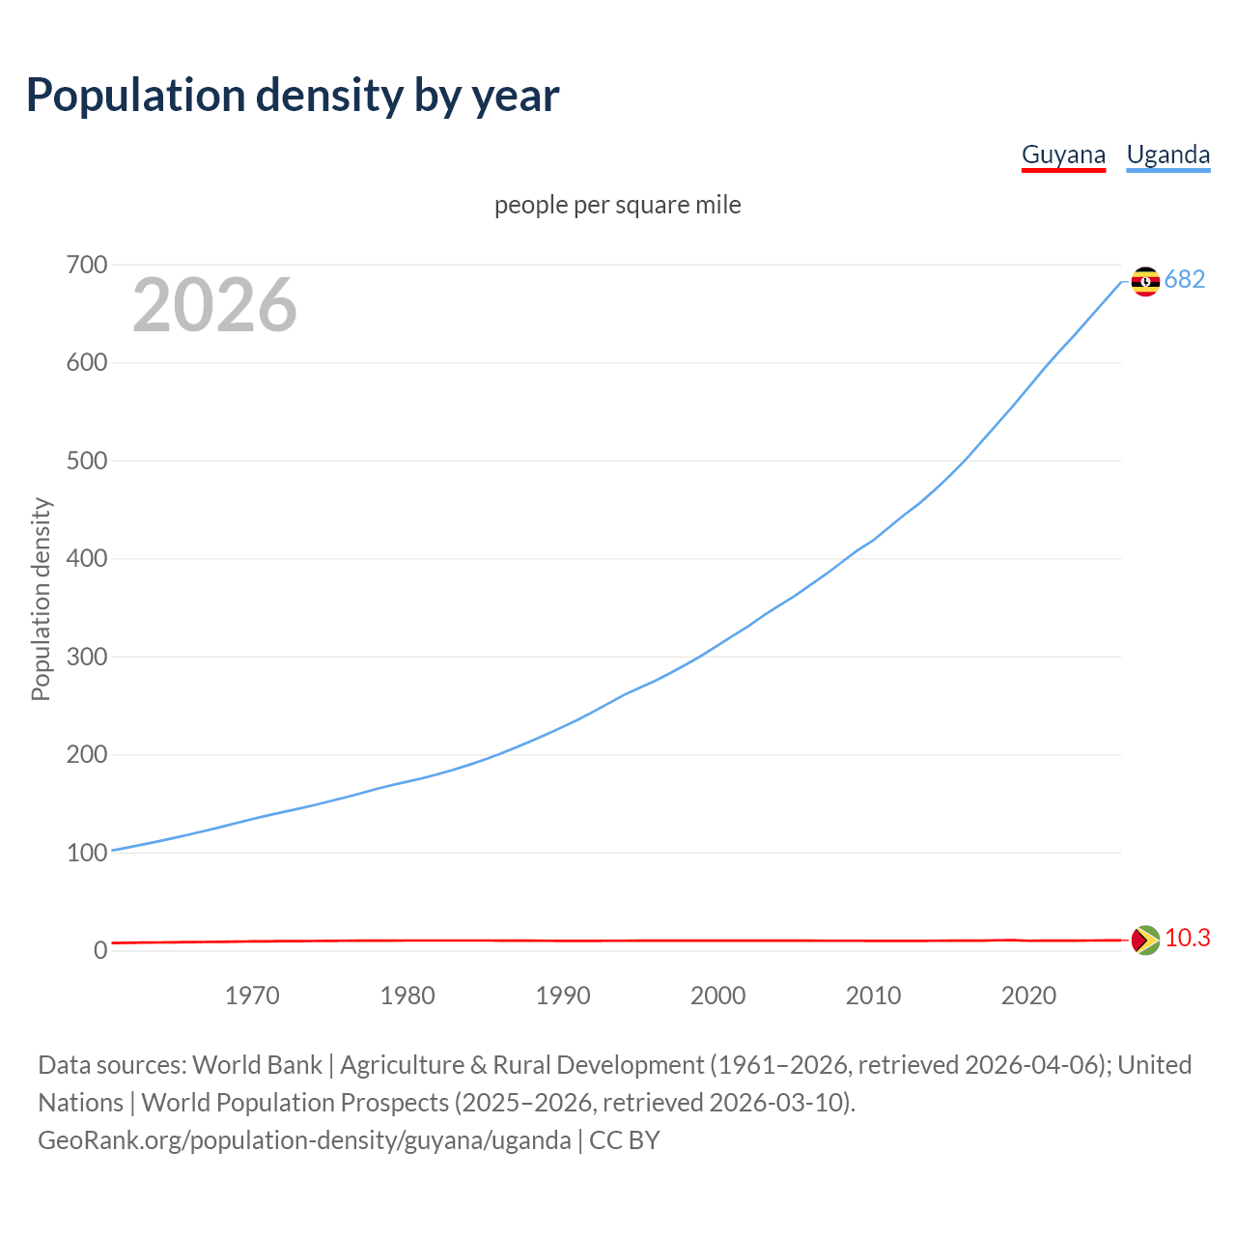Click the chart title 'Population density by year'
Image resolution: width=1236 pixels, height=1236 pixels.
(293, 96)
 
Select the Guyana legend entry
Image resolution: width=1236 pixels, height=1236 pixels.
(1063, 154)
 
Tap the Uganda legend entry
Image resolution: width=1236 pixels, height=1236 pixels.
(1168, 154)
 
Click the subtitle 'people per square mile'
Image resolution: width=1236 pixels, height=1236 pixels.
(618, 206)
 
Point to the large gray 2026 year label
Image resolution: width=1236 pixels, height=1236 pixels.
(214, 305)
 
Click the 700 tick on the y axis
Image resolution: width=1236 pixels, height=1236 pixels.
(87, 265)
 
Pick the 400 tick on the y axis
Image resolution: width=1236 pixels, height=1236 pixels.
(87, 559)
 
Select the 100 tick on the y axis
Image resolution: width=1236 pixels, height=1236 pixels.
(87, 853)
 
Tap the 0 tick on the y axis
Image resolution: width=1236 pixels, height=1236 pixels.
(99, 951)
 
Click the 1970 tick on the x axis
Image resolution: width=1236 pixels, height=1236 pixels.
(252, 996)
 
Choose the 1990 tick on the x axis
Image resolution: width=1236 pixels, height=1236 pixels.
(563, 996)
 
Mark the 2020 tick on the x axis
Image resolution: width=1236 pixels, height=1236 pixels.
(1028, 996)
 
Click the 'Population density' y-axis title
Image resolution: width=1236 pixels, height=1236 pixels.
(41, 599)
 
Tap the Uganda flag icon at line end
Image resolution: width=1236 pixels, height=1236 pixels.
(1145, 281)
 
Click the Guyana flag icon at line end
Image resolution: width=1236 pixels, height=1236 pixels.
(1145, 940)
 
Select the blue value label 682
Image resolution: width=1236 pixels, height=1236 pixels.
(1185, 280)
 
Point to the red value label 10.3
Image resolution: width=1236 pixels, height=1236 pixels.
(1187, 939)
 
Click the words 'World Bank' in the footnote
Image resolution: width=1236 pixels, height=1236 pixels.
(257, 1065)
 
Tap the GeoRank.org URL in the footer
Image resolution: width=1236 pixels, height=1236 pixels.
(304, 1140)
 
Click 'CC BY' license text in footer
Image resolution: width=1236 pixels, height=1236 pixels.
(625, 1140)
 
